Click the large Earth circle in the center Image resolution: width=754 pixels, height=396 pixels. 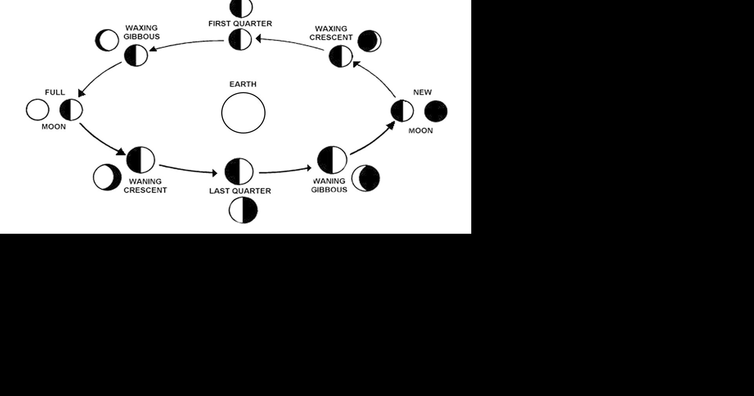[x=243, y=113]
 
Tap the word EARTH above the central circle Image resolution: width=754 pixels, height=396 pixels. [x=243, y=84]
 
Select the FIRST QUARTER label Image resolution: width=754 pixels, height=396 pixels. [x=240, y=24]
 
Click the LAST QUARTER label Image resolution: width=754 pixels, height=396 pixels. [x=240, y=191]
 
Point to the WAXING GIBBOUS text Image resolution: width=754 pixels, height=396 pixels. [x=142, y=32]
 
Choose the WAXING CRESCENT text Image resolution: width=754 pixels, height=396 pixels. [x=331, y=33]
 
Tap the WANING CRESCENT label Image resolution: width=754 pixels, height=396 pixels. [x=145, y=186]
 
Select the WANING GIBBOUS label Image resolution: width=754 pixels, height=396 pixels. [x=329, y=185]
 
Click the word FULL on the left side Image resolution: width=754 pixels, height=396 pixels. [x=55, y=92]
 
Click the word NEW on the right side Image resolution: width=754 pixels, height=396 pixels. [x=422, y=92]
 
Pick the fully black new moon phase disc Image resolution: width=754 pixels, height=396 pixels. [x=436, y=111]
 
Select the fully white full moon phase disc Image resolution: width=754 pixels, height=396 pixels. [x=38, y=110]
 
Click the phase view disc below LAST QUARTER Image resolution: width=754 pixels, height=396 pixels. [x=243, y=210]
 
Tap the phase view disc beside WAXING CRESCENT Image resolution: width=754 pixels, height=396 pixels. [x=369, y=41]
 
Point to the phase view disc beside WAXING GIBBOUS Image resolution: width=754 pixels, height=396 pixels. [x=107, y=40]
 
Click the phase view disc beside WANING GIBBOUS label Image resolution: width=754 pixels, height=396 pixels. [x=366, y=178]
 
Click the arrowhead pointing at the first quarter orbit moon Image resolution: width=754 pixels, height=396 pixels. [x=258, y=38]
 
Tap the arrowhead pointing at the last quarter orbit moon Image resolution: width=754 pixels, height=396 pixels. [x=214, y=173]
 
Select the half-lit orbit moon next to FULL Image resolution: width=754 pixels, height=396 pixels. [x=71, y=110]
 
